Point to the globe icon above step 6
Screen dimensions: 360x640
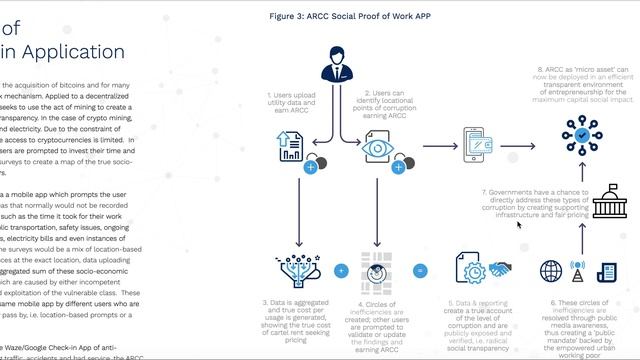click(551, 271)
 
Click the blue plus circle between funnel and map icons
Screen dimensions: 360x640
click(340, 270)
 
